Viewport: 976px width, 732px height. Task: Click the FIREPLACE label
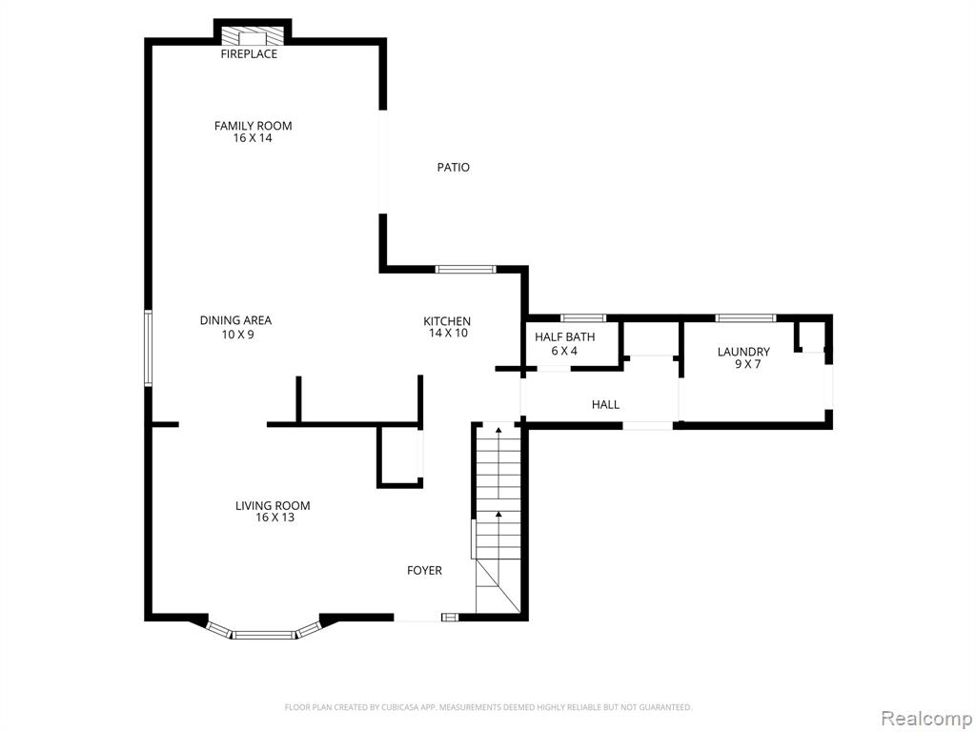[x=249, y=54]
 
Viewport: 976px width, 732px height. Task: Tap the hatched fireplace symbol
[x=253, y=36]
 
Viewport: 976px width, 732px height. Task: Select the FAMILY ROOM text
[x=254, y=126]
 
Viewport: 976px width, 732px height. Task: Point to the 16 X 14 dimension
[x=253, y=138]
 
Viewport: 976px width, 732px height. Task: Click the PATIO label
[x=453, y=168]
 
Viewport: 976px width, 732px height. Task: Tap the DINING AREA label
[x=236, y=320]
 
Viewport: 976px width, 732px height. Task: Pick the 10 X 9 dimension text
[x=237, y=335]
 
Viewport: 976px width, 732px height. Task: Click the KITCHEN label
[x=447, y=321]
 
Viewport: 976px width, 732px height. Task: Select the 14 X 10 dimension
[x=448, y=333]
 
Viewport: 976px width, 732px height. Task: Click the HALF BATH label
[x=564, y=337]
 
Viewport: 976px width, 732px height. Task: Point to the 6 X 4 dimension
[x=564, y=351]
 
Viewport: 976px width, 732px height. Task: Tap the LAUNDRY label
[x=743, y=353]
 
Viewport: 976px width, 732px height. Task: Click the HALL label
[x=605, y=405]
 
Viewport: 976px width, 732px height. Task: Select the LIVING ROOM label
[x=273, y=506]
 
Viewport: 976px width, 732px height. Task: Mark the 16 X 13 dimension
[x=275, y=518]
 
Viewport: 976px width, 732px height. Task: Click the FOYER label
[x=424, y=571]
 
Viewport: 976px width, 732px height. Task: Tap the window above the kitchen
[x=465, y=270]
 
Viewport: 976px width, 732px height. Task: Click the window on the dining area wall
[x=148, y=348]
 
